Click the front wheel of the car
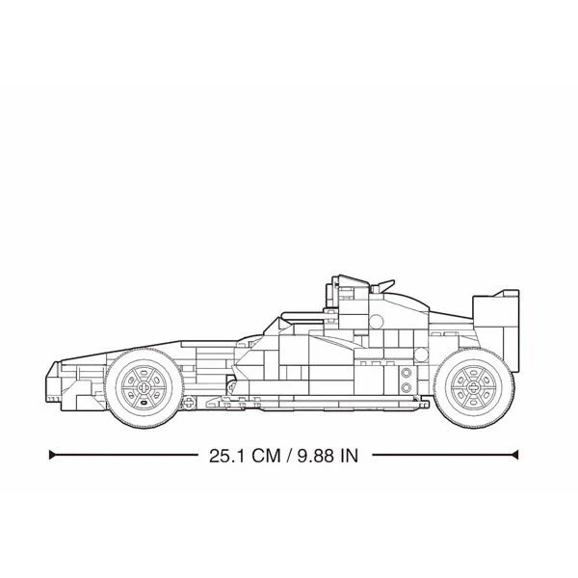coord(144,388)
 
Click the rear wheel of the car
coord(474,388)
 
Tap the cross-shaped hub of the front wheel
coord(144,388)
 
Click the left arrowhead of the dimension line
coord(52,455)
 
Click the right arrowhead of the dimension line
coord(515,455)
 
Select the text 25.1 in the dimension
coord(226,456)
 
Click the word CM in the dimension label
coord(266,456)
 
